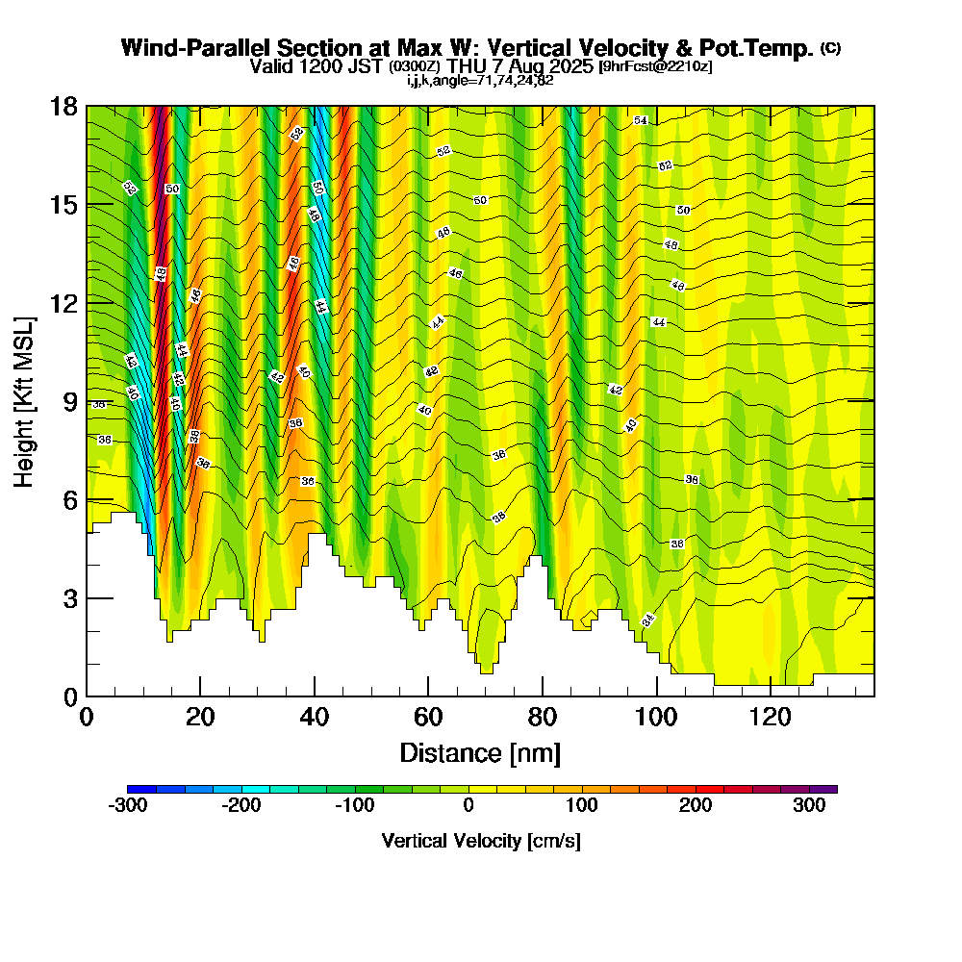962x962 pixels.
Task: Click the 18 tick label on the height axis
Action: point(63,106)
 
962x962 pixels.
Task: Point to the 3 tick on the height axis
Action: point(87,598)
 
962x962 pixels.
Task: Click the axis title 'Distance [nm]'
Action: point(480,752)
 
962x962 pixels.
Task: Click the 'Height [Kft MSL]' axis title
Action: point(24,400)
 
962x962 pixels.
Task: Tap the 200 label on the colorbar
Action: point(696,806)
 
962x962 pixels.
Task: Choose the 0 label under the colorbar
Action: point(468,806)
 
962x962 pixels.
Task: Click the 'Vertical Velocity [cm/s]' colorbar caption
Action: point(480,841)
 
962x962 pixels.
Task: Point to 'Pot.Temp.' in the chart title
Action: point(765,48)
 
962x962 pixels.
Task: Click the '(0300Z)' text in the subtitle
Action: point(415,66)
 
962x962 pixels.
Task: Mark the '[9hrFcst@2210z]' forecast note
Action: point(655,66)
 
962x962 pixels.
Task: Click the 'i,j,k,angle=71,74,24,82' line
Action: point(480,80)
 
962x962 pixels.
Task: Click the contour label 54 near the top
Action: point(640,120)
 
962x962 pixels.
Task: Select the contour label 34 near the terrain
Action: point(648,620)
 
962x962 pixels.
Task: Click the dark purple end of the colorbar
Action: point(828,789)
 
